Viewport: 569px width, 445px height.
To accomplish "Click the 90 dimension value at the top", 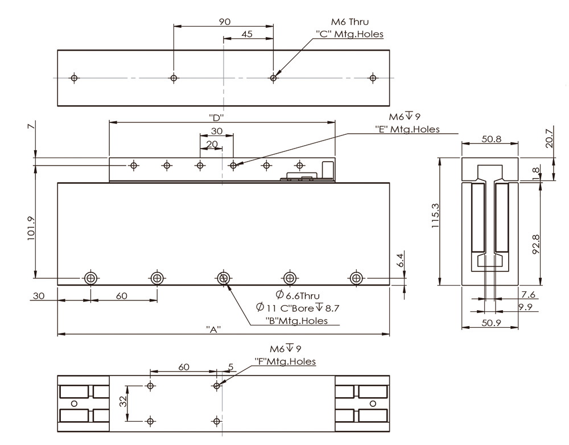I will coord(224,22).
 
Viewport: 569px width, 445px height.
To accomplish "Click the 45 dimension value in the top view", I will coord(247,34).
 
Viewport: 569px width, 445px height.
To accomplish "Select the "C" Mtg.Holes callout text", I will coord(349,34).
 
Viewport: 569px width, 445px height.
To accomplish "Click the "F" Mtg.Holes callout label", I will coord(285,361).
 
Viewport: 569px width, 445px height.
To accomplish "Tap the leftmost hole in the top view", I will coord(73,78).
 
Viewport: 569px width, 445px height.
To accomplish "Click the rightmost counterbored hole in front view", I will coord(356,278).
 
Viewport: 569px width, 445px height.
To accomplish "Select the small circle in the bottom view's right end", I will coord(373,403).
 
